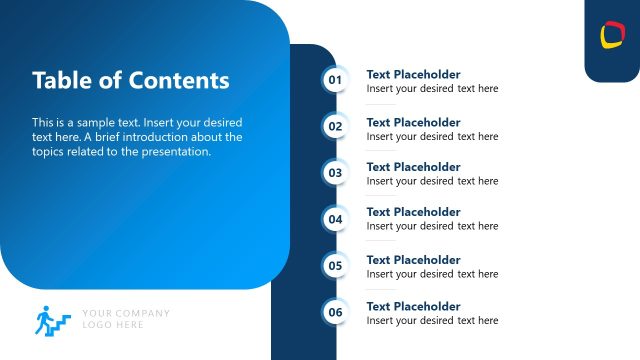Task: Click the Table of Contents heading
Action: tap(131, 80)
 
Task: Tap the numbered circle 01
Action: tap(335, 80)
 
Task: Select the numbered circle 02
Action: tap(335, 126)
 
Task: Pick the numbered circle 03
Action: tap(335, 172)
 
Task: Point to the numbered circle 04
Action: tap(335, 219)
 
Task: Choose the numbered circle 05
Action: tap(335, 266)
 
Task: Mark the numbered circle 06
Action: tap(335, 312)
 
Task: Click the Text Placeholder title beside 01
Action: tap(413, 74)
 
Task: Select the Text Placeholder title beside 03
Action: tap(413, 167)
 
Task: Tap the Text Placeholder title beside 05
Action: tap(413, 260)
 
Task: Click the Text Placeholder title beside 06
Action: tap(413, 306)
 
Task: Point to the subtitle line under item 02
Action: tap(432, 136)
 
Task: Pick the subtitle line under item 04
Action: tap(432, 226)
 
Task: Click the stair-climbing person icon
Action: tap(52, 319)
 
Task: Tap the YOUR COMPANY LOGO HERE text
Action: tap(126, 319)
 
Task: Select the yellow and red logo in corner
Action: tap(612, 36)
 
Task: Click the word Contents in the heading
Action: tap(181, 80)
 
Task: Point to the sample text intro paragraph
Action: tap(137, 137)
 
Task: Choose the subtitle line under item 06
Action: tap(432, 320)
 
